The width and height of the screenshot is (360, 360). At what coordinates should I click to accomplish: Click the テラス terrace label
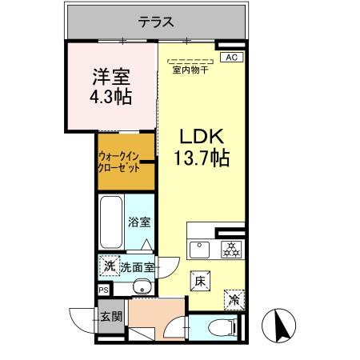[155, 22]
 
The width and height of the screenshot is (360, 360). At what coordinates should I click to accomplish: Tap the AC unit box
[230, 58]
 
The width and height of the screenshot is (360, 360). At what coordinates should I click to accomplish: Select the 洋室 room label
[110, 78]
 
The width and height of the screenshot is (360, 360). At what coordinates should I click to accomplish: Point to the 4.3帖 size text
[110, 98]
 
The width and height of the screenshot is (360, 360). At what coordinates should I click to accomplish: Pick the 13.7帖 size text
[202, 158]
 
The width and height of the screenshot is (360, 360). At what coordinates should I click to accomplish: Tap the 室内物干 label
[190, 69]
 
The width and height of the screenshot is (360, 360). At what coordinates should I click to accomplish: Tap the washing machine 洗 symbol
[108, 266]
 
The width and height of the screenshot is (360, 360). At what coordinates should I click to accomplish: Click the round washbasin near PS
[142, 288]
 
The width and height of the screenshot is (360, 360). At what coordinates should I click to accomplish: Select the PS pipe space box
[104, 290]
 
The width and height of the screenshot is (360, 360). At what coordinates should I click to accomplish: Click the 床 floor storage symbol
[200, 281]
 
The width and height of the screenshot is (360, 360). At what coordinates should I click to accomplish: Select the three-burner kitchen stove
[230, 249]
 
